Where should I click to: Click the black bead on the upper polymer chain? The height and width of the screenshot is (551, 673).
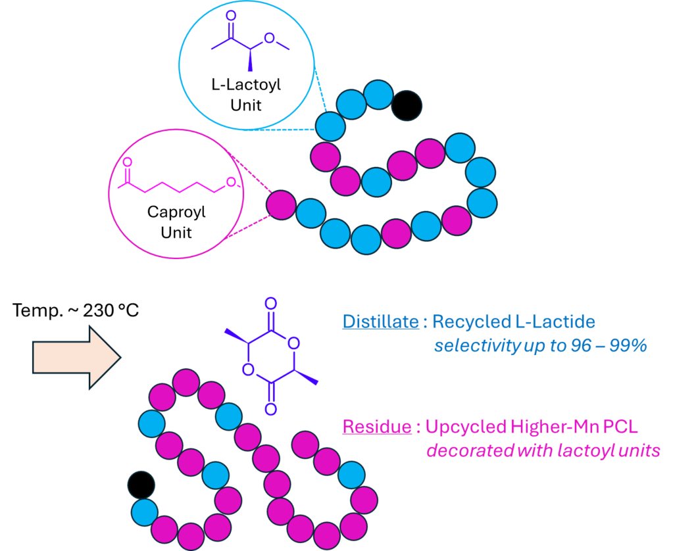pos(406,105)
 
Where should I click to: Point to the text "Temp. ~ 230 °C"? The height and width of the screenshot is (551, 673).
pos(76,310)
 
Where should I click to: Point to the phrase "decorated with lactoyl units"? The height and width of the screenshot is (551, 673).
pos(543,451)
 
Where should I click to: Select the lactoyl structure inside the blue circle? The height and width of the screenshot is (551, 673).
pos(249,43)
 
